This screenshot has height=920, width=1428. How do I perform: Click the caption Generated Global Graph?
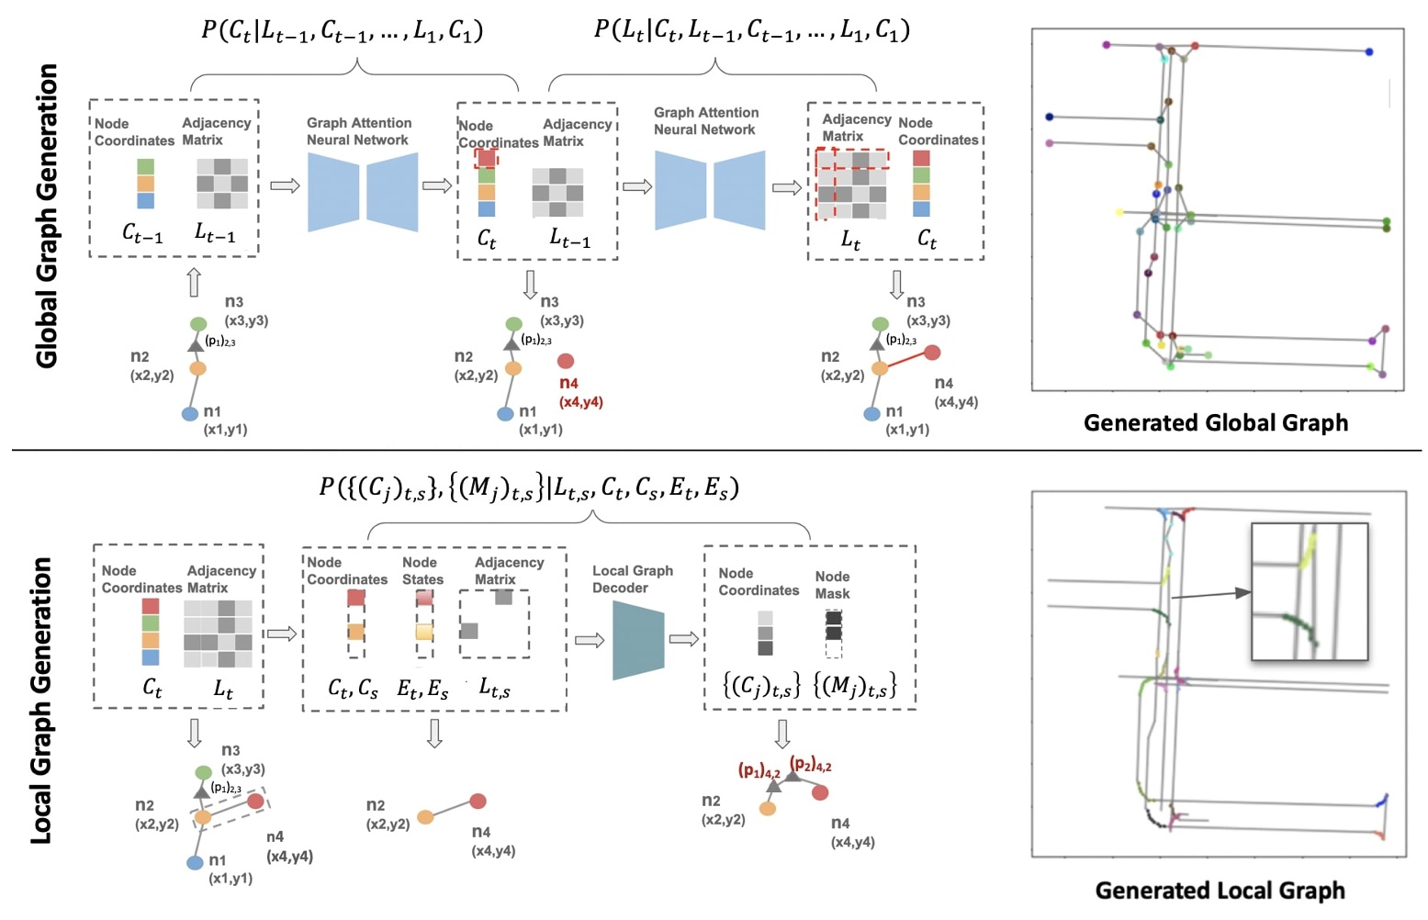click(x=1215, y=422)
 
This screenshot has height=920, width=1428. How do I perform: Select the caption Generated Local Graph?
click(x=1219, y=890)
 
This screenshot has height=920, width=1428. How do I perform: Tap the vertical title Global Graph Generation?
click(x=46, y=216)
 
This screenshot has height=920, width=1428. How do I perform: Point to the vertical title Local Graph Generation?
click(x=41, y=700)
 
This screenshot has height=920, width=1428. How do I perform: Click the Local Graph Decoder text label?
click(x=632, y=579)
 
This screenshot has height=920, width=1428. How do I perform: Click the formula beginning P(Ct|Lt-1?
click(x=342, y=30)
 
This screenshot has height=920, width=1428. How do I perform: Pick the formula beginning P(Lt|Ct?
click(x=751, y=30)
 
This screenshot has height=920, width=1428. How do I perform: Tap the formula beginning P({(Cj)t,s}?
click(x=528, y=488)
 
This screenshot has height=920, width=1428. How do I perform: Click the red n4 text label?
click(x=568, y=383)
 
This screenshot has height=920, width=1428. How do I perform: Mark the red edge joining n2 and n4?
click(x=905, y=360)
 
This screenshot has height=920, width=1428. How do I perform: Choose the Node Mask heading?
click(x=832, y=585)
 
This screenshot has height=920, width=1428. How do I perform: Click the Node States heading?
click(x=422, y=571)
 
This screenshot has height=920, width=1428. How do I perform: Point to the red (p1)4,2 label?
click(x=759, y=770)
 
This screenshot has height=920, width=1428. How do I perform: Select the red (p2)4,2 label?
click(x=810, y=765)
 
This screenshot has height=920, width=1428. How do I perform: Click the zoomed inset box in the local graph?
click(x=1310, y=591)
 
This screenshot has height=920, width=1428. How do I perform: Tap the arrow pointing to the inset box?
click(x=1211, y=595)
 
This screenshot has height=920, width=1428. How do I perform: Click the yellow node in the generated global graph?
click(x=1119, y=212)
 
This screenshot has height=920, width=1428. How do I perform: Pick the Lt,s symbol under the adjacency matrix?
click(x=495, y=689)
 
